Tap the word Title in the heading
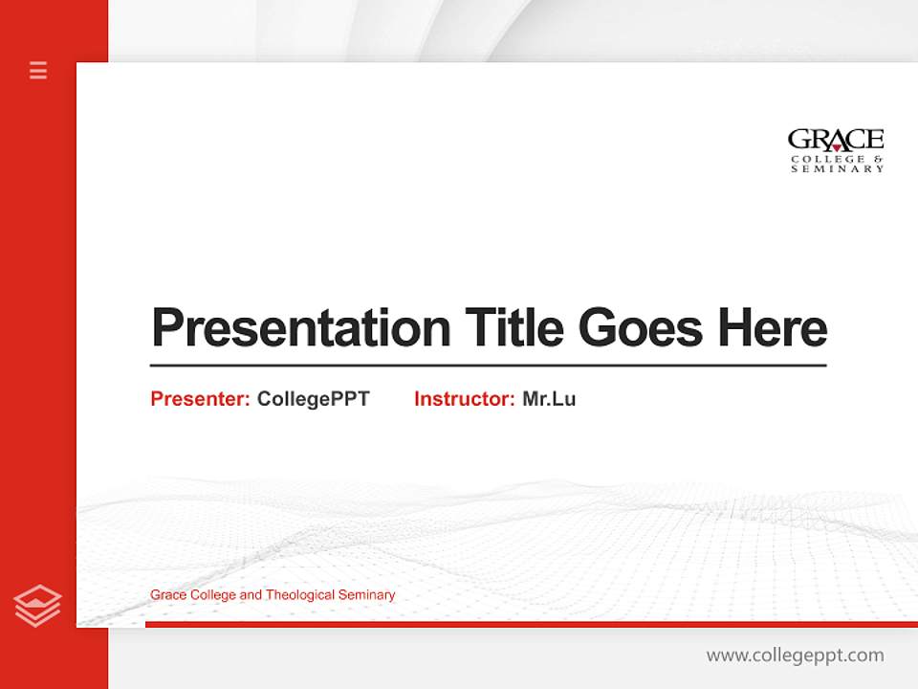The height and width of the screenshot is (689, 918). coord(514,328)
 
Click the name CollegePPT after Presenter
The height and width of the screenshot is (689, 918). coord(313,399)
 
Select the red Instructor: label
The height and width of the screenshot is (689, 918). coord(465,399)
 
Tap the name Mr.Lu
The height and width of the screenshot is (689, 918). coord(549,399)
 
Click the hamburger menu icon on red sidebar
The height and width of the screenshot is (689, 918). coord(38,70)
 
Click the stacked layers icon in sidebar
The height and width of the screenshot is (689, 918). coord(37,606)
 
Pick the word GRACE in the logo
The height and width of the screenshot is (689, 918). coord(836,140)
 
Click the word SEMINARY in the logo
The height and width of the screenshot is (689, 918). coord(837,169)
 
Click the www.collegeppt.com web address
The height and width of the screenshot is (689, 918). coord(795,656)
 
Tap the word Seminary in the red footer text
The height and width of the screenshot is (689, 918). coord(367,595)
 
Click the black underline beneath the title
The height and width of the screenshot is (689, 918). coord(488,365)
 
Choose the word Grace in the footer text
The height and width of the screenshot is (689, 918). coord(167,595)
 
